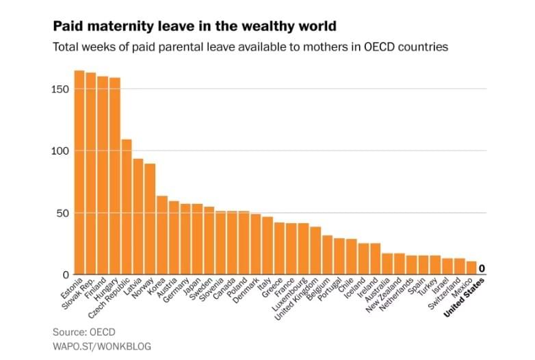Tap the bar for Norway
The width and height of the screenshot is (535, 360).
tap(150, 219)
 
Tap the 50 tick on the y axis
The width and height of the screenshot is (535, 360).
tap(62, 213)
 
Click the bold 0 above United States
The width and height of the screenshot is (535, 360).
tap(482, 268)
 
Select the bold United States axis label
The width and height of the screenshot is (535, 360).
tap(465, 297)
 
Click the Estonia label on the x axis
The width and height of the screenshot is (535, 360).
tap(71, 287)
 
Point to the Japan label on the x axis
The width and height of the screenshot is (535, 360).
tap(192, 285)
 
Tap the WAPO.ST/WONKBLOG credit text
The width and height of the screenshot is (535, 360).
tap(102, 346)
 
